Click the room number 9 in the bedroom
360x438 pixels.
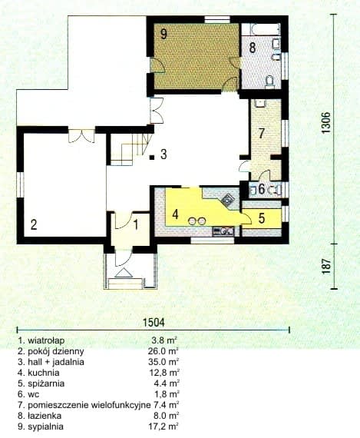tap(163, 34)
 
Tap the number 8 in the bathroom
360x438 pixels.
tap(252, 48)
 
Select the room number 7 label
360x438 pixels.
tap(261, 133)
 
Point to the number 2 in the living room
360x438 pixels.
tap(34, 224)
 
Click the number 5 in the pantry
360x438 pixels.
tap(262, 218)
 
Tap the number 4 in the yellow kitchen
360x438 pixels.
tap(175, 214)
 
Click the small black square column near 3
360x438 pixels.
tap(151, 158)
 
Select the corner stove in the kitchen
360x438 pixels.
tap(228, 200)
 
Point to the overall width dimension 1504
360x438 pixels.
tap(154, 323)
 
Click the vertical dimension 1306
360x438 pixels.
tap(325, 123)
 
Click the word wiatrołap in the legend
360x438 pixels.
tap(46, 340)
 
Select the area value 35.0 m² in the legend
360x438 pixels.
tap(163, 362)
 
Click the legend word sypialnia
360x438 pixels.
tap(45, 426)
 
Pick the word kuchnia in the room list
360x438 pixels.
tap(44, 373)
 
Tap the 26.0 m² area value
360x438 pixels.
tap(163, 351)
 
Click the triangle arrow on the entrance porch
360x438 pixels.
tap(124, 273)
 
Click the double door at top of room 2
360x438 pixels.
tap(81, 136)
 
